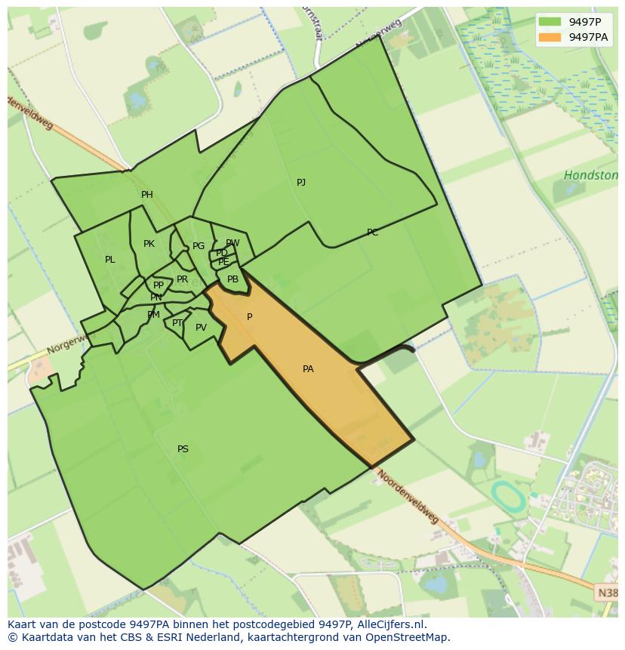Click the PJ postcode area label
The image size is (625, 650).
pyautogui.click(x=301, y=183)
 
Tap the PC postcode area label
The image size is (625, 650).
pyautogui.click(x=372, y=233)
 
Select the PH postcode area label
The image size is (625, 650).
pyautogui.click(x=147, y=195)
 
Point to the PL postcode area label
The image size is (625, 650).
pyautogui.click(x=110, y=260)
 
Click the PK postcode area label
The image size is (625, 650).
pyautogui.click(x=149, y=244)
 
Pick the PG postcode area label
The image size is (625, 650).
pyautogui.click(x=199, y=246)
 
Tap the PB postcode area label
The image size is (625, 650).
pyautogui.click(x=232, y=279)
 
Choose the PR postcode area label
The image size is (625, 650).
pyautogui.click(x=182, y=279)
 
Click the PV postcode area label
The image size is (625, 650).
pyautogui.click(x=201, y=328)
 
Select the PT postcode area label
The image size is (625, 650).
pyautogui.click(x=177, y=323)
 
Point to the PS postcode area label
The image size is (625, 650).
pyautogui.click(x=183, y=449)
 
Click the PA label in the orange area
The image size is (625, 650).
pyautogui.click(x=308, y=369)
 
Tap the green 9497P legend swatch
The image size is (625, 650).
pyautogui.click(x=550, y=21)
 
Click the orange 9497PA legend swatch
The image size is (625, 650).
pyautogui.click(x=550, y=37)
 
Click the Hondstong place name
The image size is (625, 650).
pyautogui.click(x=591, y=176)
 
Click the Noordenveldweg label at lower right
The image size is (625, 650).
pyautogui.click(x=408, y=498)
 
